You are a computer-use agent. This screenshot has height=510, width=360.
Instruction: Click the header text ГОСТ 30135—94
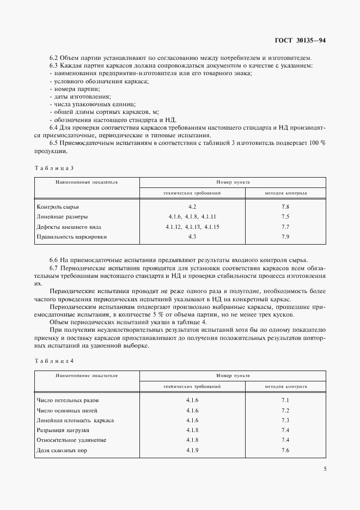(x=301, y=41)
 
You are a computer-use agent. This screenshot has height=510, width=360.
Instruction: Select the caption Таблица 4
(x=54, y=361)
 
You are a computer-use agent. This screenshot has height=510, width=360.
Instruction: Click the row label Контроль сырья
(x=57, y=208)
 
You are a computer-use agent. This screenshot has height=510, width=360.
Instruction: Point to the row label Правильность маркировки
(x=71, y=237)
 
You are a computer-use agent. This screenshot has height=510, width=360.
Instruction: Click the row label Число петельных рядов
(x=68, y=400)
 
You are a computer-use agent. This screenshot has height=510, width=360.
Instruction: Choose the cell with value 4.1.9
(x=192, y=450)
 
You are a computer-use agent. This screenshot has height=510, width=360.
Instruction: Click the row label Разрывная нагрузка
(x=63, y=430)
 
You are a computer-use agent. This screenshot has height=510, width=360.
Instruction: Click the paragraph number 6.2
(x=54, y=58)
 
